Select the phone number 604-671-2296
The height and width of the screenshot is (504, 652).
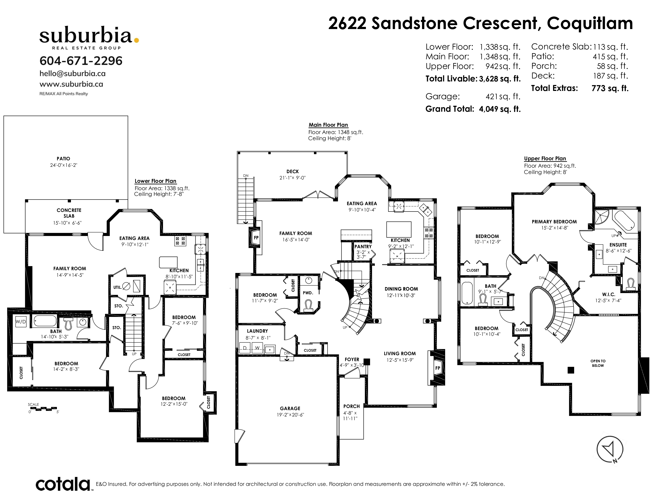click(x=81, y=61)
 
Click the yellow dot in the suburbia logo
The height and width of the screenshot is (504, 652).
click(x=137, y=40)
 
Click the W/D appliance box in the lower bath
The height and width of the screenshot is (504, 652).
click(x=21, y=322)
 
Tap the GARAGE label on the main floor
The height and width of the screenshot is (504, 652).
click(x=290, y=408)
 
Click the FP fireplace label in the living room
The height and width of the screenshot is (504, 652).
click(x=437, y=368)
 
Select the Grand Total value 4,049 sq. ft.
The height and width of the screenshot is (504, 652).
click(x=500, y=109)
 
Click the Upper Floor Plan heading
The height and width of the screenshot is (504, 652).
click(x=545, y=159)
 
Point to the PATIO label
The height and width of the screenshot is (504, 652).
click(x=63, y=159)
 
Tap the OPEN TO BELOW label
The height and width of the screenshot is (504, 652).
click(x=598, y=363)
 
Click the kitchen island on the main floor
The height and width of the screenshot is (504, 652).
click(x=399, y=229)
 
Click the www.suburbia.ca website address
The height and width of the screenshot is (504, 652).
click(x=71, y=84)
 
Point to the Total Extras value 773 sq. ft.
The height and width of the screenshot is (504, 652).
click(x=610, y=88)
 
